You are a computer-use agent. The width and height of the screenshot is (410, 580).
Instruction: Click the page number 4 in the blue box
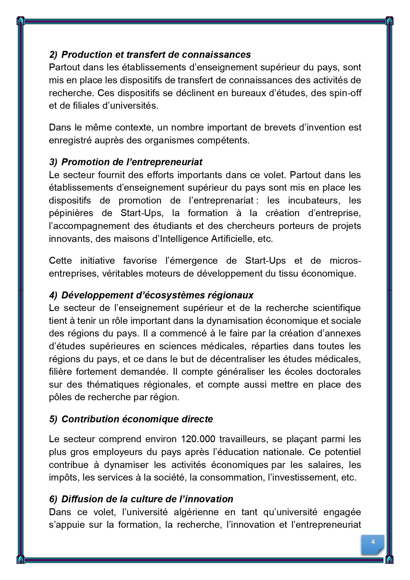tap(373, 542)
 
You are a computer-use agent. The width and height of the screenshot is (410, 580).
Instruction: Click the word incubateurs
tap(314, 201)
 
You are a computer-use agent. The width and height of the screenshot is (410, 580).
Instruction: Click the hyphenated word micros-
tap(345, 260)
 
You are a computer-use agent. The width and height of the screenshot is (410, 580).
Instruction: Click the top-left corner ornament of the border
tap(20, 21)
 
